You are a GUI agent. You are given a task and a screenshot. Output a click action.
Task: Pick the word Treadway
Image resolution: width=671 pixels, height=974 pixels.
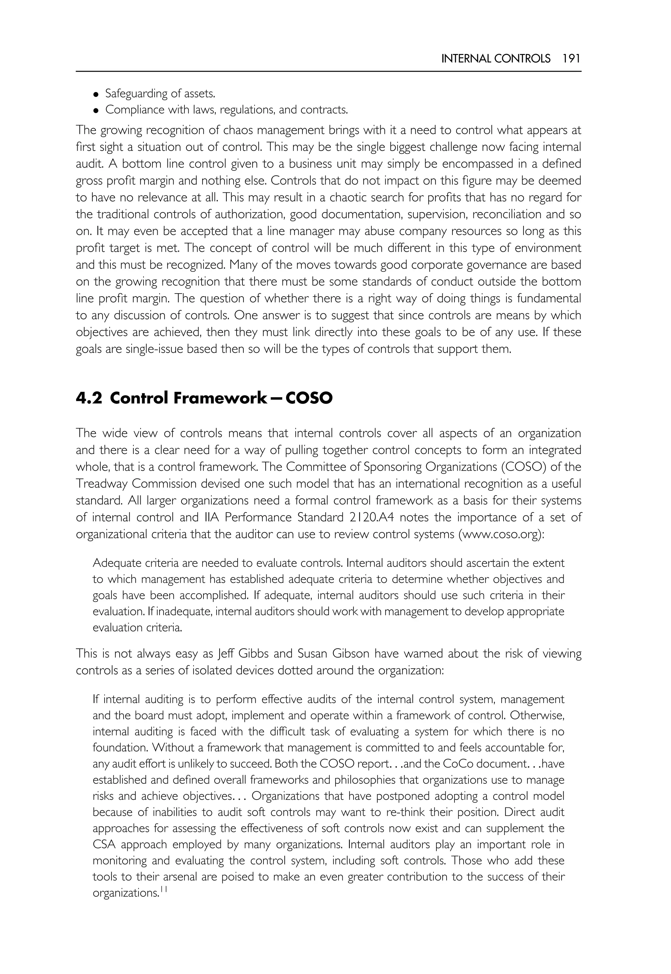[x=101, y=484]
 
